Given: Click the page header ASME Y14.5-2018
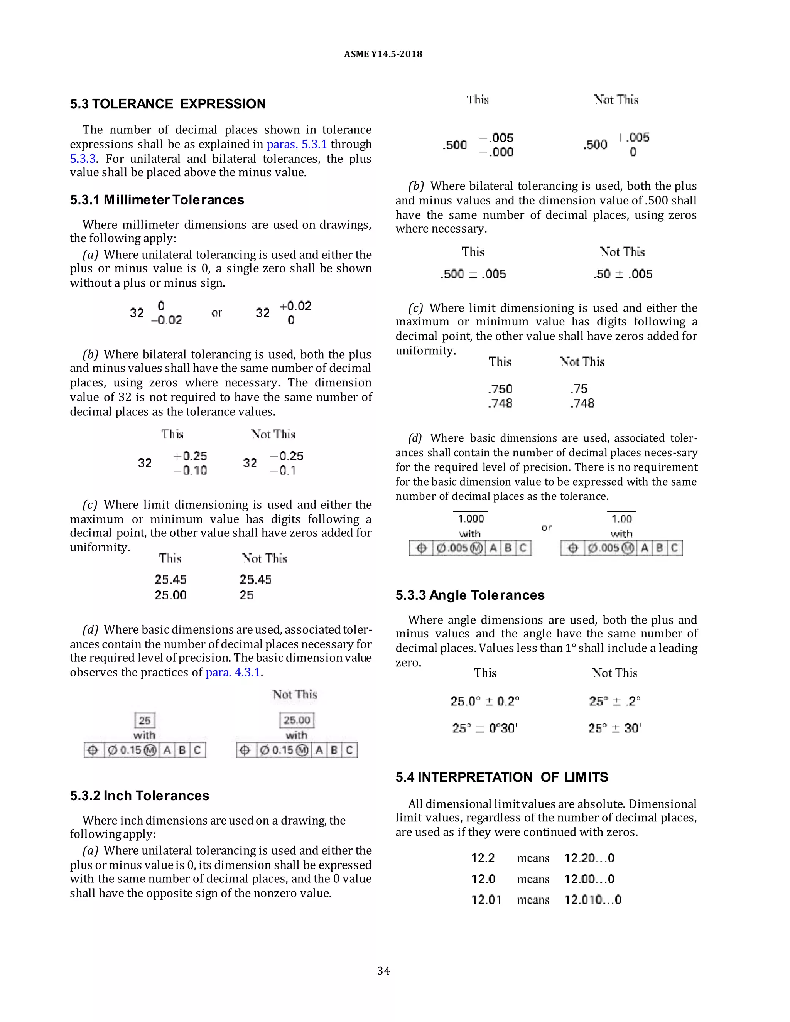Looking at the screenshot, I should click(x=383, y=54).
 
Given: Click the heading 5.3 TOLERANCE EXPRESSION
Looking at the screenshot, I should click(x=167, y=104).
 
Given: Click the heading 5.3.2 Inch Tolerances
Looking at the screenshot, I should click(x=140, y=796).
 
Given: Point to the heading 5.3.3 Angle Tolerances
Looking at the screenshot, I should click(x=470, y=595).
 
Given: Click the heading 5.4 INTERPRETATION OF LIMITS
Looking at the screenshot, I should click(x=501, y=777).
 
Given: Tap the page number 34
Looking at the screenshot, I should click(x=383, y=971).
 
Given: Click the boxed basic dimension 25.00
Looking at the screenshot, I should click(x=297, y=720).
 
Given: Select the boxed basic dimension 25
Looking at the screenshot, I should click(x=145, y=720).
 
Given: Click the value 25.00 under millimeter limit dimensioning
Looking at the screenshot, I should click(x=170, y=595).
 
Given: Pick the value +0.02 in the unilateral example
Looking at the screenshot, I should click(x=295, y=306).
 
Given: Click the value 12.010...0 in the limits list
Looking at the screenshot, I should click(x=592, y=899).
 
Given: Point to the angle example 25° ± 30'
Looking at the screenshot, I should click(x=614, y=728).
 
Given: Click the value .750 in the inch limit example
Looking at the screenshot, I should click(x=500, y=389).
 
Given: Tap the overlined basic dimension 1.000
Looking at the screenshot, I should click(x=471, y=518).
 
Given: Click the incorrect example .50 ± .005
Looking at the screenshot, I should click(x=623, y=274).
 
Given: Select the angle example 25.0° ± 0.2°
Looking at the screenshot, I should click(x=485, y=701).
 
